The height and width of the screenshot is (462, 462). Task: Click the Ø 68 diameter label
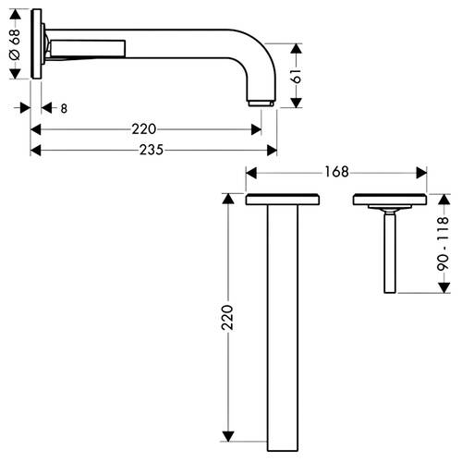click(15, 44)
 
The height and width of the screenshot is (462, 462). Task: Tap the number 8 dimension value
click(64, 108)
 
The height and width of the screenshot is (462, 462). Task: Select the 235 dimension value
click(152, 150)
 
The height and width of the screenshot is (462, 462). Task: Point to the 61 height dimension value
click(297, 76)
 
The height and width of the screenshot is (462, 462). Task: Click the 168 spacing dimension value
click(336, 172)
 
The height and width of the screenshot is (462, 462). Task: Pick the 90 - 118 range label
click(443, 244)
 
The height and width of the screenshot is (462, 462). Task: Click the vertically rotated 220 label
click(227, 317)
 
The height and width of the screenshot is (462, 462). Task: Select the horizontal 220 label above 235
click(144, 128)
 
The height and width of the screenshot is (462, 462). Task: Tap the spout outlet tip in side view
click(261, 103)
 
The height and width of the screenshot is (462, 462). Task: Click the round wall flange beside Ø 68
click(36, 43)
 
